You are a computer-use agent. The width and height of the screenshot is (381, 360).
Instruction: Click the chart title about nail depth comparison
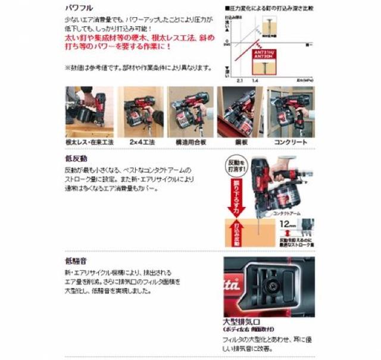[x=270, y=9]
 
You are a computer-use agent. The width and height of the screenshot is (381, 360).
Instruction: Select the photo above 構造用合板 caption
[x=190, y=112]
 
